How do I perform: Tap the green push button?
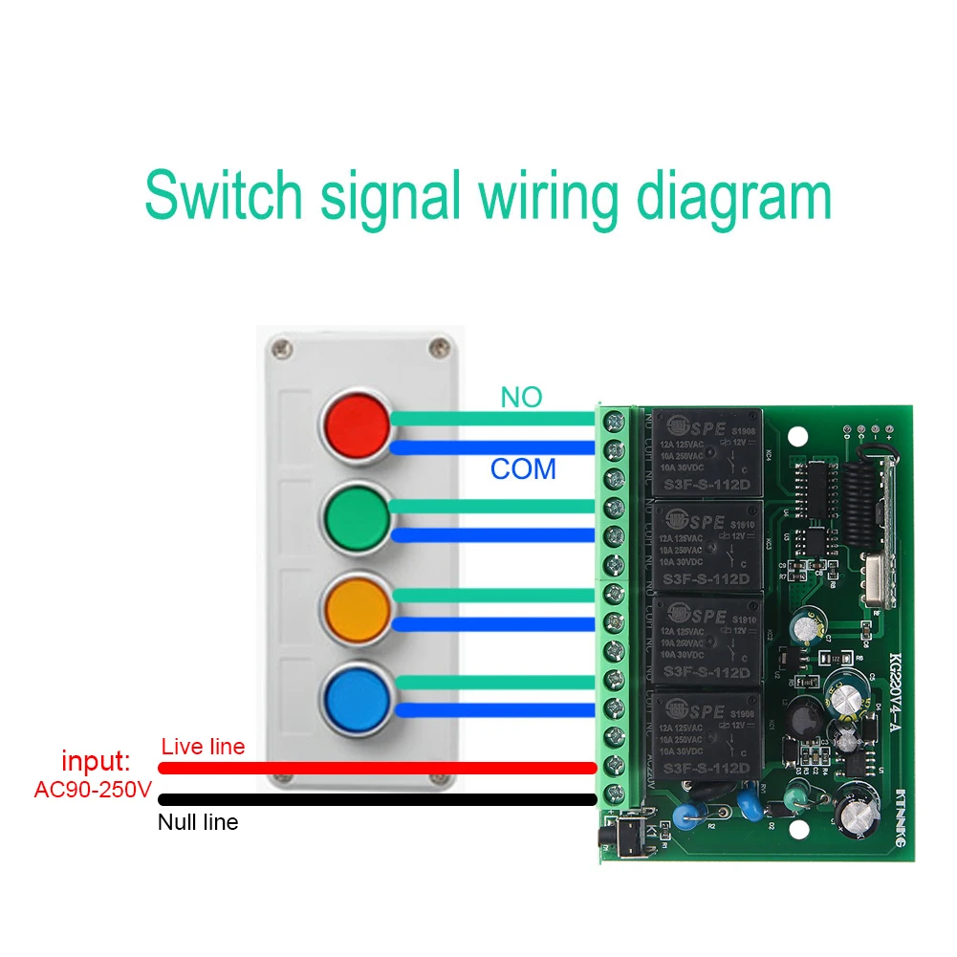pos(356,514)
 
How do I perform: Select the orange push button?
pos(356,604)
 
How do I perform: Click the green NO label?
pos(521,398)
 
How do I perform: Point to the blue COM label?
pos(523,469)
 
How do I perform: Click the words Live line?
pos(203,747)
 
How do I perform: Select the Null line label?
pos(198,821)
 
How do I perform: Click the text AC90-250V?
pos(93,791)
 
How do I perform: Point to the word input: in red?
pos(96,762)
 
